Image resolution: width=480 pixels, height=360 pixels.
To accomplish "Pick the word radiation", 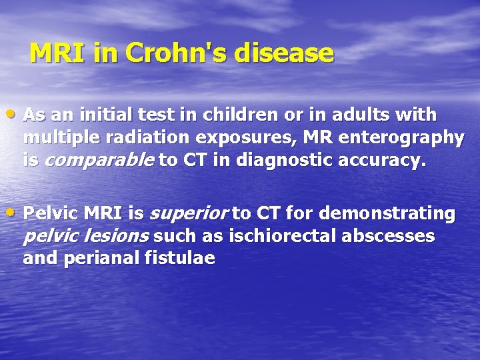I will pos(141,138).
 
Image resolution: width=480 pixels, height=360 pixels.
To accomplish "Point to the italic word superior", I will pos(188,213).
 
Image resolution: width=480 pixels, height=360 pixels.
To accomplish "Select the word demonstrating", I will pos(388,213).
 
